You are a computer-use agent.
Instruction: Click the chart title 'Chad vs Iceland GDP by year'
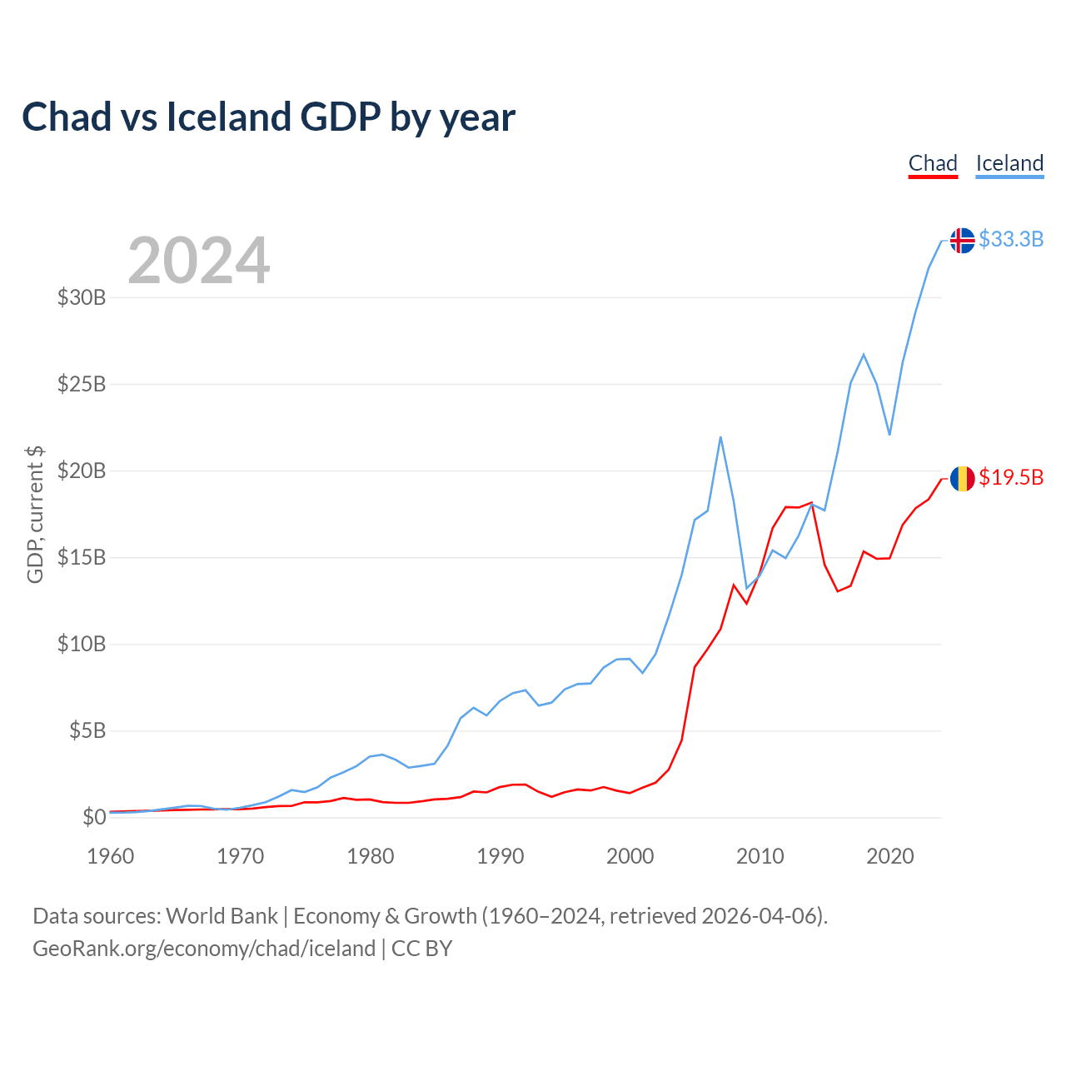pyautogui.click(x=268, y=117)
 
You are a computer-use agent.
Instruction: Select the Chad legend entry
pyautogui.click(x=933, y=163)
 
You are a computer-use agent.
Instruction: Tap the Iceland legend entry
pyautogui.click(x=1009, y=163)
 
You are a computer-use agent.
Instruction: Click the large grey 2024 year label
pyautogui.click(x=198, y=261)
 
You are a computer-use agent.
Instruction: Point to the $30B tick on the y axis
pyautogui.click(x=82, y=297)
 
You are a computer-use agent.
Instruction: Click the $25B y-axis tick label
pyautogui.click(x=82, y=384)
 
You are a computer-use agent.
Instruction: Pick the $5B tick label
pyautogui.click(x=87, y=730)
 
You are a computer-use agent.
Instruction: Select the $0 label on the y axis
pyautogui.click(x=94, y=817)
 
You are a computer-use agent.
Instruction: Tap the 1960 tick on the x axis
pyautogui.click(x=111, y=856)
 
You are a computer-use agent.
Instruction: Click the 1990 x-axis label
pyautogui.click(x=500, y=856)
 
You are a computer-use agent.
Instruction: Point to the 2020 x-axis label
pyautogui.click(x=889, y=856)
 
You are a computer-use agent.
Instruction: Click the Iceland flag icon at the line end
pyautogui.click(x=962, y=240)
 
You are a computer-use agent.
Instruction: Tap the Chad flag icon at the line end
pyautogui.click(x=962, y=478)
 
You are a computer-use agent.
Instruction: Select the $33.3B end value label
pyautogui.click(x=1011, y=239)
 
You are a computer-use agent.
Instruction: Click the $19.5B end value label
pyautogui.click(x=1011, y=477)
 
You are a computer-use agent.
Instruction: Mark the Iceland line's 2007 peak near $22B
pyautogui.click(x=720, y=437)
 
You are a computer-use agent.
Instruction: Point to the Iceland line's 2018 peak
pyautogui.click(x=864, y=355)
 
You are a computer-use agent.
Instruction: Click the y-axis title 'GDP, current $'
pyautogui.click(x=35, y=514)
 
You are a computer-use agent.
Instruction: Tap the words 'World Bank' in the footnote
pyautogui.click(x=222, y=916)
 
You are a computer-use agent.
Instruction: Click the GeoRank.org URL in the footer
pyautogui.click(x=204, y=949)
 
